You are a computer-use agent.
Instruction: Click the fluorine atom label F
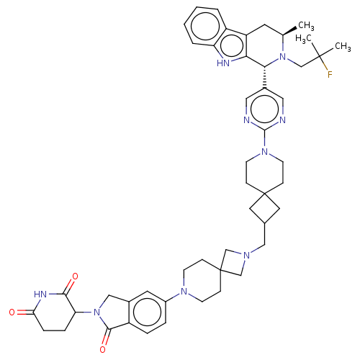point(330,74)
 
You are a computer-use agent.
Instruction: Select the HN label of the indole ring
point(223,63)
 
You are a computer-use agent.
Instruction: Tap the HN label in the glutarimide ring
point(40,294)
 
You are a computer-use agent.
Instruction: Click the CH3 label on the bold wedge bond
point(306,25)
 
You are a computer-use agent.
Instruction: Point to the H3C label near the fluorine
point(303,39)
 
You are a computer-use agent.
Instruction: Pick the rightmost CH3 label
point(343,46)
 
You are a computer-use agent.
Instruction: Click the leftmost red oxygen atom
point(12,312)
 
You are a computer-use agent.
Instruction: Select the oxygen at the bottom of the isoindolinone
point(103,349)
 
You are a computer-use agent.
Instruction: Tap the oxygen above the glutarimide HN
point(75,276)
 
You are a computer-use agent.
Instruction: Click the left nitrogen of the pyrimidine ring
point(246,120)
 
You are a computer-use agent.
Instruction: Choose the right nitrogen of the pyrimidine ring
point(283,120)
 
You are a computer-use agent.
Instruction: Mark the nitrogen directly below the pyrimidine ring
point(264,151)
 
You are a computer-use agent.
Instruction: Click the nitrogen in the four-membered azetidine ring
point(246,256)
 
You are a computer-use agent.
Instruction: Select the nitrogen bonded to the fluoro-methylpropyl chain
point(283,57)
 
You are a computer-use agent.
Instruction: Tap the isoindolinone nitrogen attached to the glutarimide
point(96,312)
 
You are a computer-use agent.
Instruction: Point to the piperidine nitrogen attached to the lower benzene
point(184,292)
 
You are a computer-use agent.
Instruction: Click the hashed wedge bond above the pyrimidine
point(265,78)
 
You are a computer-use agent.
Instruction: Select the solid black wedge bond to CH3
point(290,31)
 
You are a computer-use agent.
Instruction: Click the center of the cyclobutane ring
point(264,208)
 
